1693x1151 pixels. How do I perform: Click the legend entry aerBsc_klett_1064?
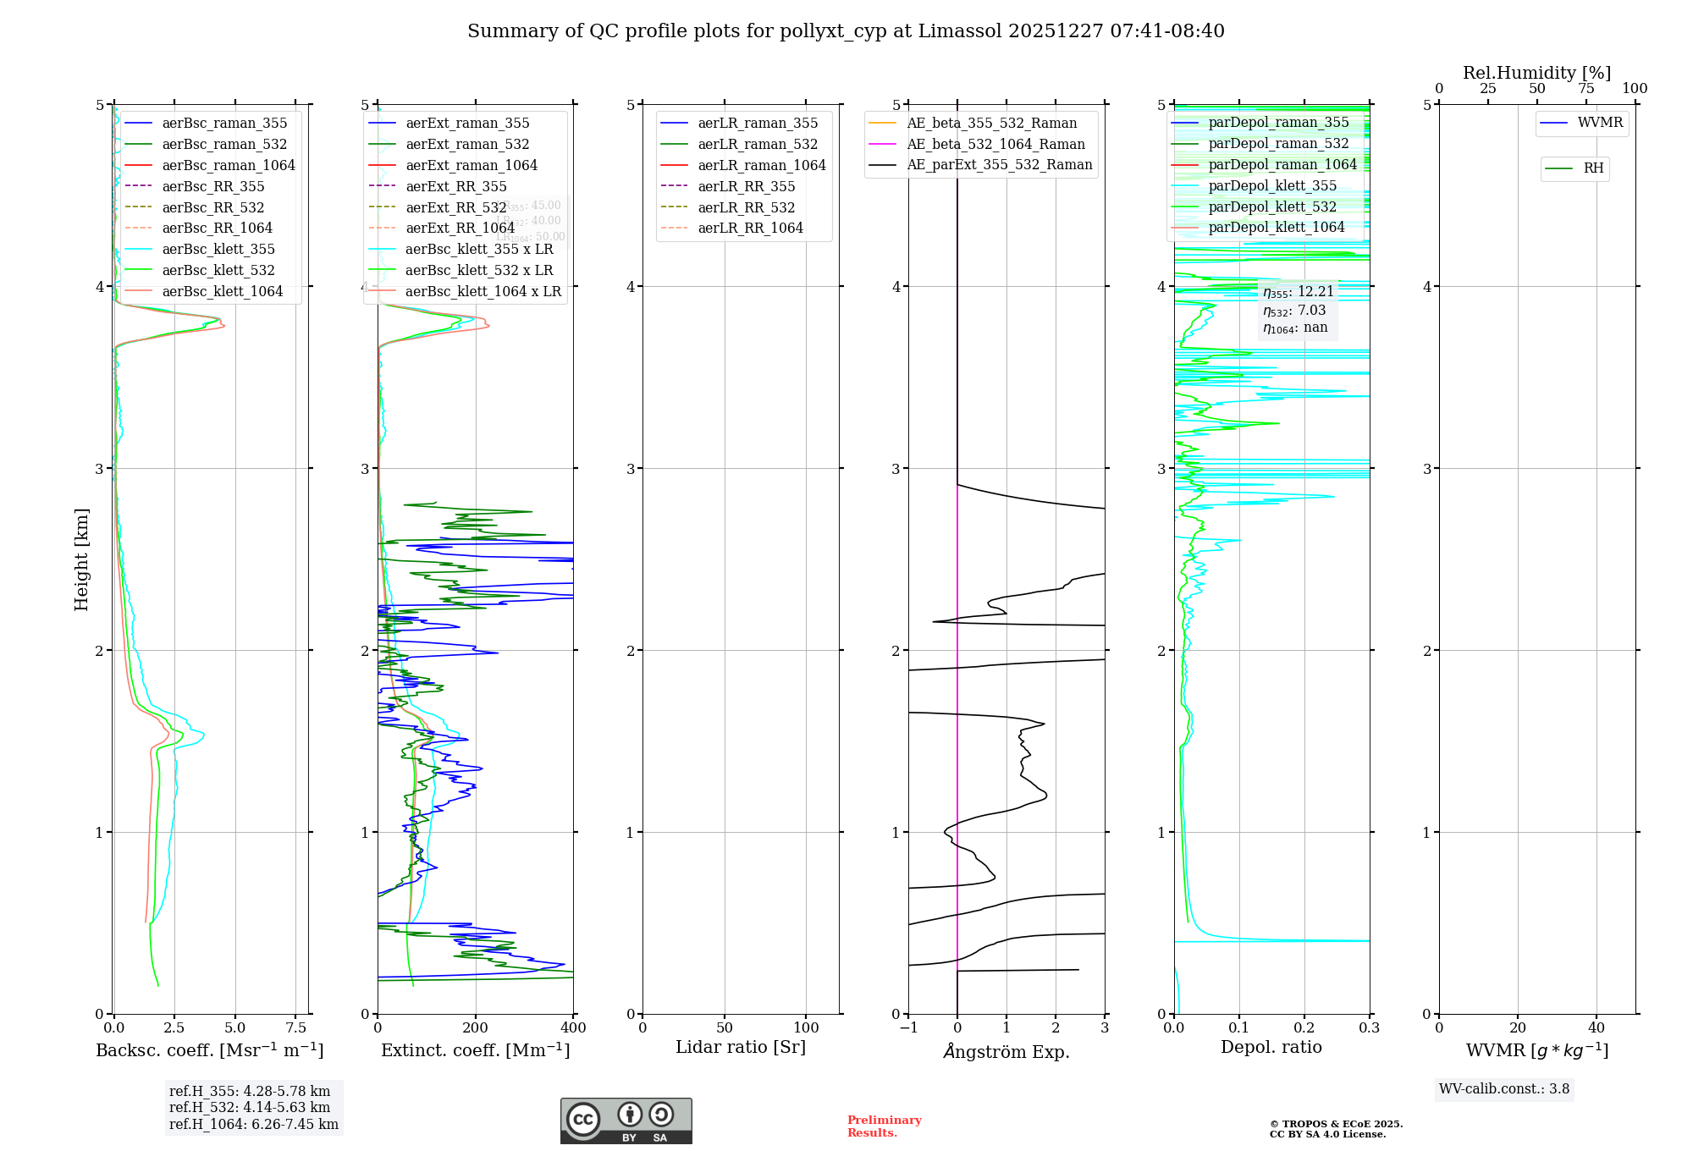coord(222,291)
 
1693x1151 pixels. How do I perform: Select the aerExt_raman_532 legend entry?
coord(467,144)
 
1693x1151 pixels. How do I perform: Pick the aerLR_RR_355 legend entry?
coord(746,186)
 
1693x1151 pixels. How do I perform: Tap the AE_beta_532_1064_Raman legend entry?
coord(995,144)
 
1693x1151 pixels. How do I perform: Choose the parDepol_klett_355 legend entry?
coord(1272,185)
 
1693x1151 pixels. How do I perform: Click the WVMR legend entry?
coord(1600,123)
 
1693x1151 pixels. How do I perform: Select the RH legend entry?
coord(1593,168)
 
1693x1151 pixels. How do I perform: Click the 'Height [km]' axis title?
coord(81,559)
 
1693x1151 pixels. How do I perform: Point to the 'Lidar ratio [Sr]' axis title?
coord(741,1047)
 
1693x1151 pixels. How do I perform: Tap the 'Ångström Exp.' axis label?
coord(1006,1051)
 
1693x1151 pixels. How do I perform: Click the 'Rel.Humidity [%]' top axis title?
coord(1536,73)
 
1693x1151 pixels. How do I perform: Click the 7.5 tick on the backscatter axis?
coord(295,1027)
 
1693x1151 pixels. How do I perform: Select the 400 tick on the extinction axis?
coord(573,1027)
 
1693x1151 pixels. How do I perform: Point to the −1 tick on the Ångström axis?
coord(908,1027)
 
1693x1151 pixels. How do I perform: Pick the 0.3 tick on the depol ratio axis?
coord(1369,1027)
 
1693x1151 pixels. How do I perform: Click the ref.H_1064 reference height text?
coord(253,1124)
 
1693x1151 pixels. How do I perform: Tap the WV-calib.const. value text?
coord(1503,1088)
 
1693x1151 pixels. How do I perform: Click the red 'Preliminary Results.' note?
coord(884,1126)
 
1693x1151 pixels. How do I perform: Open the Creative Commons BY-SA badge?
coord(626,1121)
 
